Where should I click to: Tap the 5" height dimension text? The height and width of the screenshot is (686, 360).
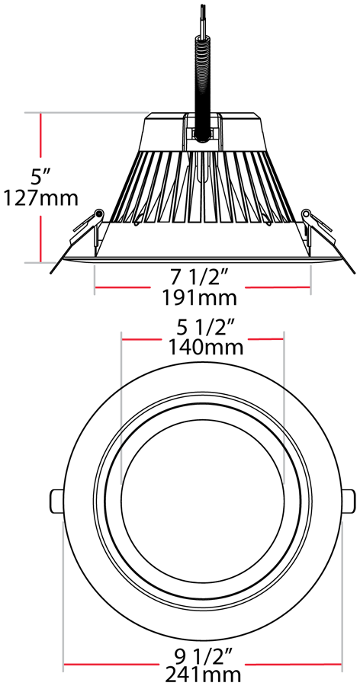(40, 177)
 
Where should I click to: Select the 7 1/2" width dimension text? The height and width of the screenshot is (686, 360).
(199, 277)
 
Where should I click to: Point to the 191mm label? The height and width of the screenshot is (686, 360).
(199, 298)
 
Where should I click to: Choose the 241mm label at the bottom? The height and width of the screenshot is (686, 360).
(203, 676)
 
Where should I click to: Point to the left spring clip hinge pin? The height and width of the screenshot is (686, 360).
(98, 213)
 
